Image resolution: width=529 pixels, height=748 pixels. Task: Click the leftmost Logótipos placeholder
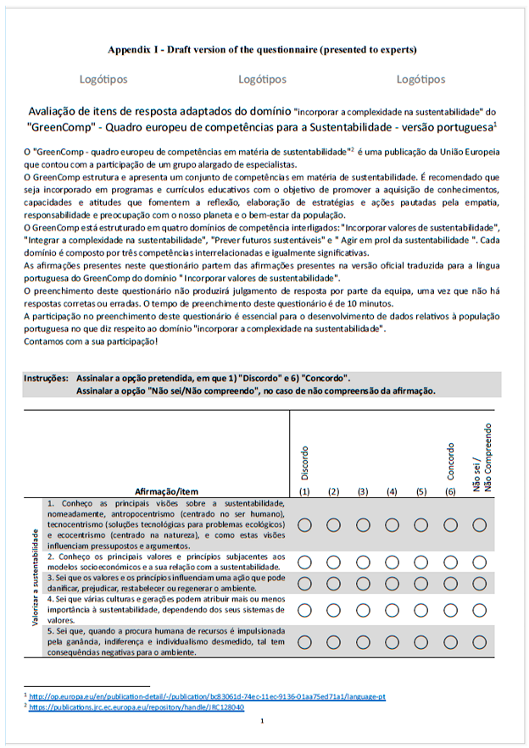coord(103,80)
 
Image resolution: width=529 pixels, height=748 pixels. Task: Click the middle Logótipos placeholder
coord(262,80)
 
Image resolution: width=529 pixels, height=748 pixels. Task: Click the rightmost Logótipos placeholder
coord(420,80)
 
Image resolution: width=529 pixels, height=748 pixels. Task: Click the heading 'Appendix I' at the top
coord(263,49)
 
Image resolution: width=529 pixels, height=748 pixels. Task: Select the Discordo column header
coord(305,462)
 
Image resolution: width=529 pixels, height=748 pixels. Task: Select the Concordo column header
coord(450,462)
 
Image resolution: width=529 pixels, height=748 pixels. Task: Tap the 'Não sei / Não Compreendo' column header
coord(480,457)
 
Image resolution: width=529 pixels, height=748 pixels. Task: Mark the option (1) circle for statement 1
coord(305,525)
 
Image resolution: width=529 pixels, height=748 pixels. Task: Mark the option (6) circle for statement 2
coord(450,562)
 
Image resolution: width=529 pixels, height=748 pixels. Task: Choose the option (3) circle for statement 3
coord(363,583)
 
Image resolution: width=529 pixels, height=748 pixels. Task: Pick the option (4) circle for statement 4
coord(392,609)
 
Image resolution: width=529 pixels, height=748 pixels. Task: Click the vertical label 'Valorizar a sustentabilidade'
coord(35,576)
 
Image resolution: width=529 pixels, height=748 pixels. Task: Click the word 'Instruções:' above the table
coord(47,379)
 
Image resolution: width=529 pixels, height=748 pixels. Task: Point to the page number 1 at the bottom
coord(263,721)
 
